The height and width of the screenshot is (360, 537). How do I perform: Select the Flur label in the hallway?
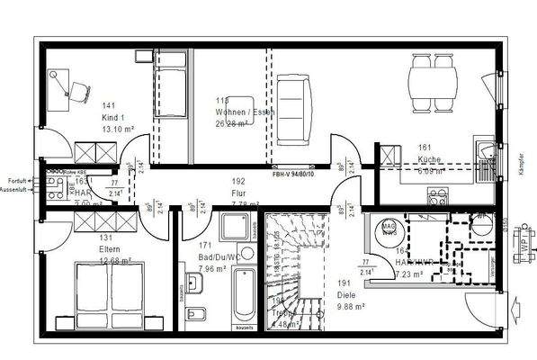tap(239, 192)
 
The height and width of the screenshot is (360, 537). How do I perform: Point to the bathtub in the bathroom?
tap(242, 301)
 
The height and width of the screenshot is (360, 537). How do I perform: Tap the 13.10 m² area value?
tap(116, 128)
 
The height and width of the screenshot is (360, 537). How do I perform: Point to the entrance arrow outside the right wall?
tap(514, 312)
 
